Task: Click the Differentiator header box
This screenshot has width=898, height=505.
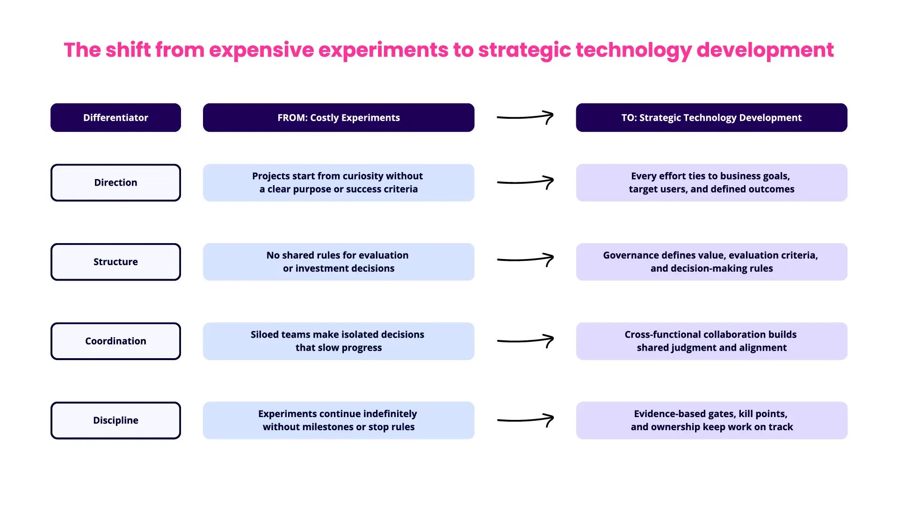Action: click(x=116, y=118)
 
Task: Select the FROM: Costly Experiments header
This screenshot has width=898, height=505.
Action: click(x=338, y=118)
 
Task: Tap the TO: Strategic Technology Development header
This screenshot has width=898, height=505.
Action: click(x=711, y=118)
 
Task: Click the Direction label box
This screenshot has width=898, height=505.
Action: click(x=116, y=183)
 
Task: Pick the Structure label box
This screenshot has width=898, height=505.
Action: click(x=116, y=262)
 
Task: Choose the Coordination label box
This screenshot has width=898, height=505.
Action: click(x=116, y=341)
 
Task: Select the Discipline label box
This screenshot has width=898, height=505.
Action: click(x=116, y=420)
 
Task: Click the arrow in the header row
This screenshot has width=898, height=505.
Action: click(x=525, y=117)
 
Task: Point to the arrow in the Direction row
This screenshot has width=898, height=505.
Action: click(x=525, y=182)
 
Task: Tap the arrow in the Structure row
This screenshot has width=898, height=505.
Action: click(x=525, y=260)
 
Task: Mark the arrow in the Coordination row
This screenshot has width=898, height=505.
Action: click(x=525, y=340)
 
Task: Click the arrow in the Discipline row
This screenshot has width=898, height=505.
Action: click(x=525, y=419)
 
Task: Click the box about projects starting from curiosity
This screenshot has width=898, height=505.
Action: click(x=338, y=183)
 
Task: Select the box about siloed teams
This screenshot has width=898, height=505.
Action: click(x=338, y=341)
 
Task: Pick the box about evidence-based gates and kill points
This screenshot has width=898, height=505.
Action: click(x=711, y=420)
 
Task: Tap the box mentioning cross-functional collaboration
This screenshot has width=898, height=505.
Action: click(x=711, y=341)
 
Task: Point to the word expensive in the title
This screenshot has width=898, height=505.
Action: click(x=261, y=50)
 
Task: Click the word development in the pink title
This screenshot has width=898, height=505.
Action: click(x=765, y=50)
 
